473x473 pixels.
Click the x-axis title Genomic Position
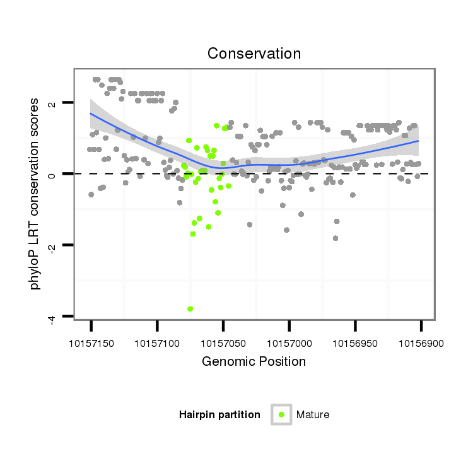pos(254,362)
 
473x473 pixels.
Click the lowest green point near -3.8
pos(190,309)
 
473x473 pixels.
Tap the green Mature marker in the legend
pos(281,414)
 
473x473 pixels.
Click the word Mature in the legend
pos(313,415)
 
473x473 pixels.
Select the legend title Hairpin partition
pos(219,415)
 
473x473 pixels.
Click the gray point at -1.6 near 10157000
pos(286,230)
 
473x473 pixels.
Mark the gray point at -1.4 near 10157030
pos(250,225)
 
